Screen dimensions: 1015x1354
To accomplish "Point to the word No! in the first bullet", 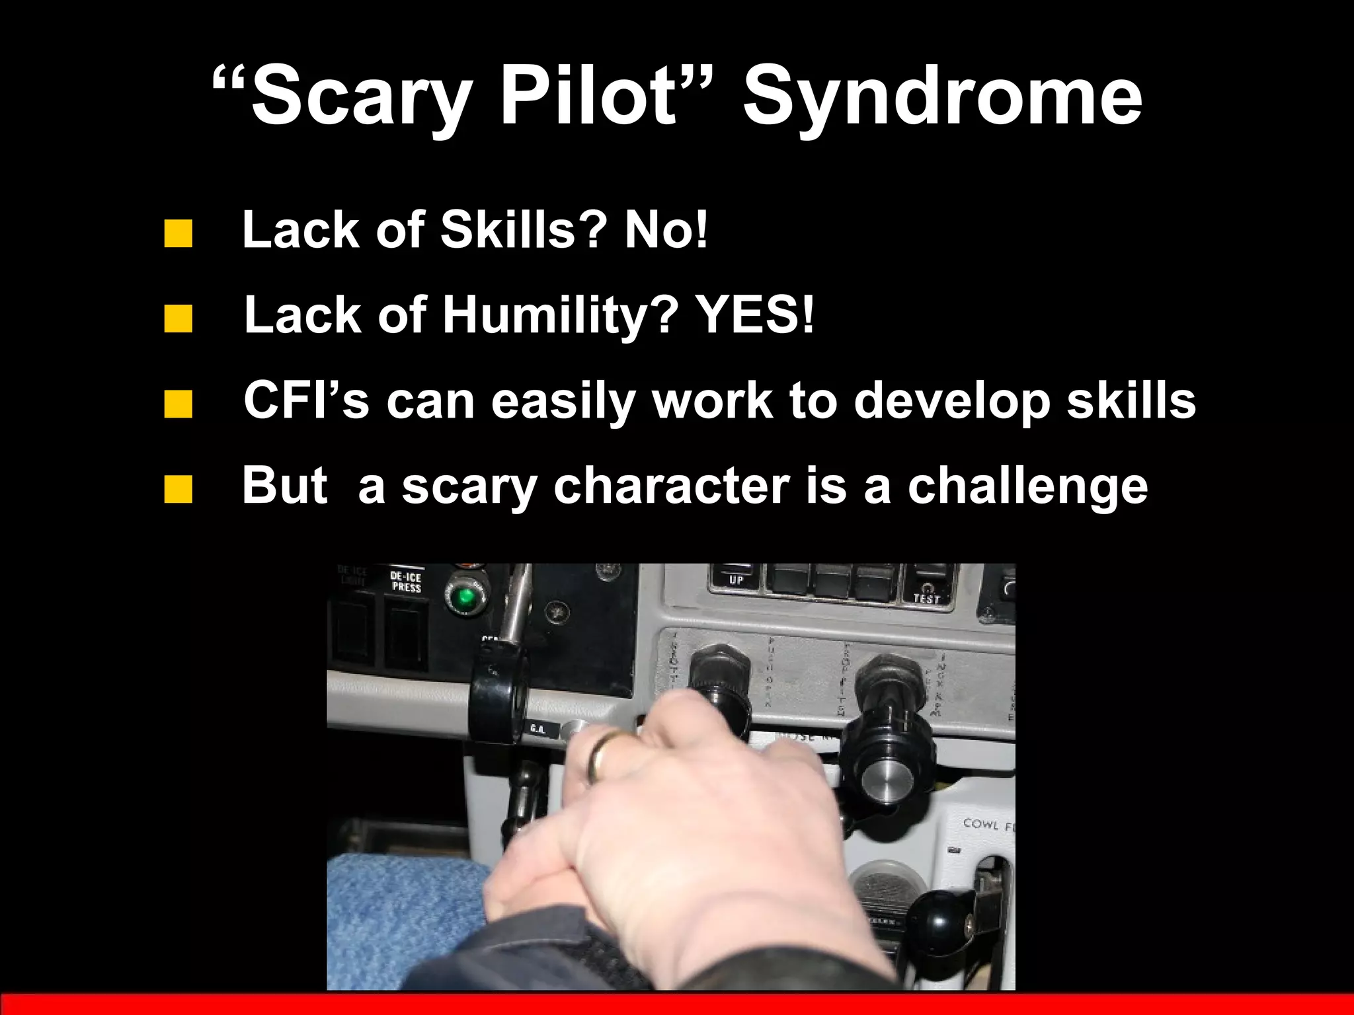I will pyautogui.click(x=666, y=230).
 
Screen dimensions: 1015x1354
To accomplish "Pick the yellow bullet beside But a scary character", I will pyautogui.click(x=178, y=490).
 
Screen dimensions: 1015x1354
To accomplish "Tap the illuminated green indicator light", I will pyautogui.click(x=465, y=597).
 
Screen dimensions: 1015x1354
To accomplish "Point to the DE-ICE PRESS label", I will pyautogui.click(x=405, y=582).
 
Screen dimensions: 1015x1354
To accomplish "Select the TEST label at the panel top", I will pyautogui.click(x=926, y=597).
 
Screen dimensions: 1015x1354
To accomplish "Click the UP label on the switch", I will pyautogui.click(x=737, y=580).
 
